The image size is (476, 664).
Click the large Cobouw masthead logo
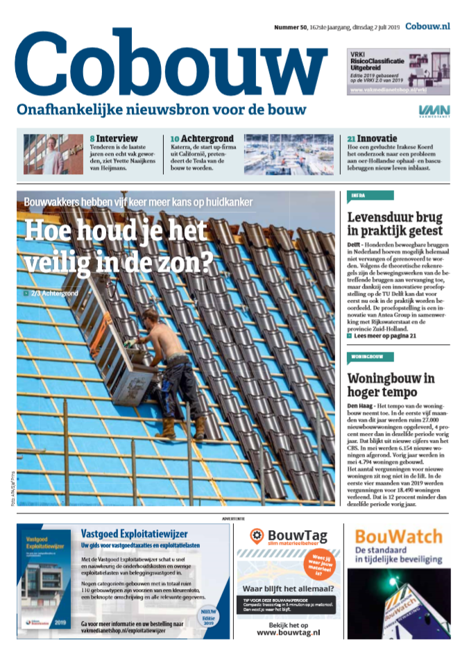pyautogui.click(x=170, y=64)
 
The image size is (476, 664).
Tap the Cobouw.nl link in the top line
pyautogui.click(x=427, y=26)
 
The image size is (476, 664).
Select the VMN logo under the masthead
pyautogui.click(x=434, y=111)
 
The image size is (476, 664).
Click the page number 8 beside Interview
pyautogui.click(x=92, y=139)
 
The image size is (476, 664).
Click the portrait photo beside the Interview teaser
pyautogui.click(x=44, y=153)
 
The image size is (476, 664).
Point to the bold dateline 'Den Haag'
pyautogui.click(x=361, y=405)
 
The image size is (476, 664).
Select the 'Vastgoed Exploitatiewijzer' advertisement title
pyautogui.click(x=135, y=534)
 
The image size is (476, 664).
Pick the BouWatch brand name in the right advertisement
pyautogui.click(x=398, y=536)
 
